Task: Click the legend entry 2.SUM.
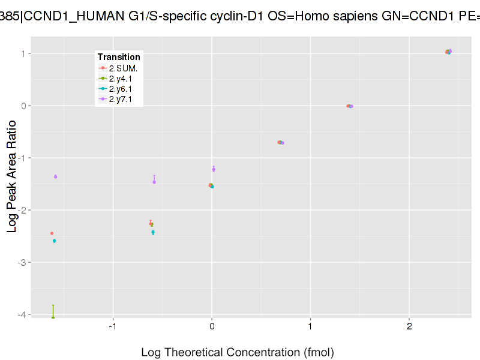point(123,68)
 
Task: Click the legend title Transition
point(119,57)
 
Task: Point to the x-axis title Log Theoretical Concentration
point(237,352)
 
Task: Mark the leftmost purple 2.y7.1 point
point(56,176)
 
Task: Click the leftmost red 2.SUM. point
point(52,233)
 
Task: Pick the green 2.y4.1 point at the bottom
point(53,317)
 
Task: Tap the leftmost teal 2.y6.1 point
point(55,241)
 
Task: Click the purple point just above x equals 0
point(214,169)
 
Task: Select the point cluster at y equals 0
point(350,106)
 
